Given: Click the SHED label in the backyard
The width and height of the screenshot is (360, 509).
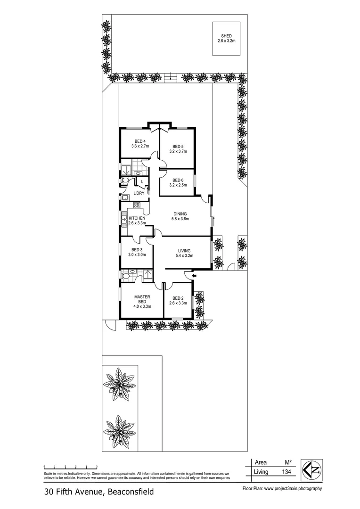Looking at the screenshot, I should [227, 36].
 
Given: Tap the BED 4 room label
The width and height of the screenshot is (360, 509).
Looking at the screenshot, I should [139, 141].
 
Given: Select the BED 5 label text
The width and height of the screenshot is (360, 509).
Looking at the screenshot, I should [177, 146].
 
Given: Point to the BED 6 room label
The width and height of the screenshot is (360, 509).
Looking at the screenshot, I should [177, 180].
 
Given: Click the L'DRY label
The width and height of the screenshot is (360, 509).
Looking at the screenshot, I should [139, 193].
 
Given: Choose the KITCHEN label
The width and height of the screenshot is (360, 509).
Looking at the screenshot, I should [137, 218].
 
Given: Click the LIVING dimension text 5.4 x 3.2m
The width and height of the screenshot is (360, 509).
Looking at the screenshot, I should [184, 256].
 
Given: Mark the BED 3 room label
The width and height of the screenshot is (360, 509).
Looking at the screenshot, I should [137, 250].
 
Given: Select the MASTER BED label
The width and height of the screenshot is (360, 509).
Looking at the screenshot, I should [142, 297].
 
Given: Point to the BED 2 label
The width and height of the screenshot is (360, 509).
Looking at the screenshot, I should [178, 298].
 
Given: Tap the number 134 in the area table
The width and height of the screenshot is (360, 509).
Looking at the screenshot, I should [286, 472].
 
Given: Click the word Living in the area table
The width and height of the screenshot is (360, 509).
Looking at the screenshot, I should [261, 472].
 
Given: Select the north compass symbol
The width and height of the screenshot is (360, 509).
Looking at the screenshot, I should [312, 467].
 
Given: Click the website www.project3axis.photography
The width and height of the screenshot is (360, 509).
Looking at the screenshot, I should [292, 489].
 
